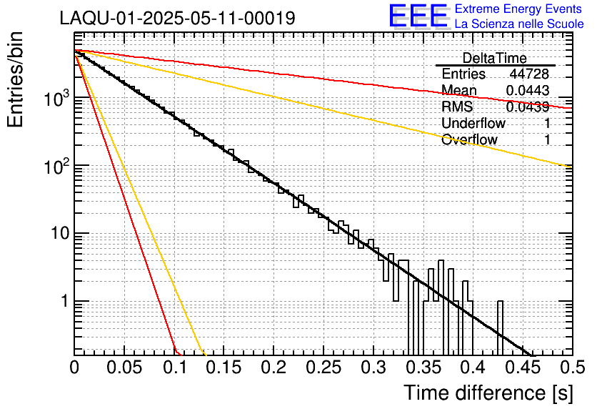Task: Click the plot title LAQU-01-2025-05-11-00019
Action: [177, 19]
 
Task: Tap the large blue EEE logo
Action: [418, 16]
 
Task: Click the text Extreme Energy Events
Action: [519, 9]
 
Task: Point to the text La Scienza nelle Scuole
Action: [519, 24]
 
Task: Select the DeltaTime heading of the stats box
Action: [495, 58]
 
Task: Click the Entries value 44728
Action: [529, 74]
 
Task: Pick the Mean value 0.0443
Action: [527, 90]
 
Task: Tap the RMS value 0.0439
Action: [527, 107]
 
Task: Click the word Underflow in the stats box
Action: [473, 123]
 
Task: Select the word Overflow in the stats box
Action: [469, 139]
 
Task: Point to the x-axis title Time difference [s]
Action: [488, 393]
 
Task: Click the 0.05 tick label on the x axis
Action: [124, 368]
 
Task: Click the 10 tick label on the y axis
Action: [56, 234]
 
